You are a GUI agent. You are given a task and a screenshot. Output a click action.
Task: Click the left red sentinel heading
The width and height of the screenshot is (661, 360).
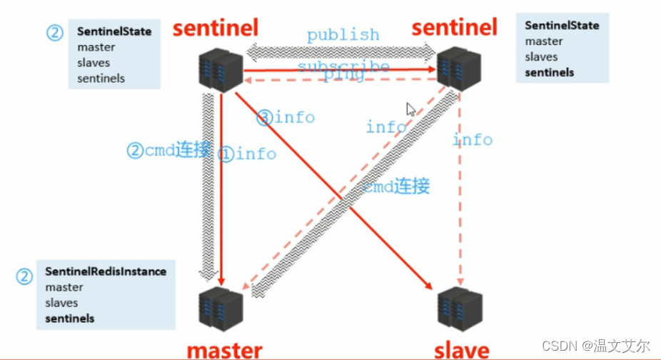[215, 28]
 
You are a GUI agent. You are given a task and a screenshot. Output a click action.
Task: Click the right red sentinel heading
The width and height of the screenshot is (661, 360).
[455, 27]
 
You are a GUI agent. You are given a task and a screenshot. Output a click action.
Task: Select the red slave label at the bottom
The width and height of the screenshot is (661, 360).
[462, 350]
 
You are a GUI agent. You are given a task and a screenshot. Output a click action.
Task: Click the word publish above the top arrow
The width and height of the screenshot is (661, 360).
[343, 34]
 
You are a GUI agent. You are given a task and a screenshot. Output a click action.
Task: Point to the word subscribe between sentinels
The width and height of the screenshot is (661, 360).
[343, 66]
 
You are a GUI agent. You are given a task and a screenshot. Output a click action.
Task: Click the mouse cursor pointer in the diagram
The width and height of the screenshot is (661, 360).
[411, 109]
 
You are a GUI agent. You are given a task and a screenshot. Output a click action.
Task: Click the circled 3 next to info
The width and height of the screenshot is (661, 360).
[265, 117]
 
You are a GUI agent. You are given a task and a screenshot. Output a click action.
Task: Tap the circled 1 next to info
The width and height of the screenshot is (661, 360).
[226, 154]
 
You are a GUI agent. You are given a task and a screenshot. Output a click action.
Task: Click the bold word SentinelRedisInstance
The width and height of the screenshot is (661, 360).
[106, 271]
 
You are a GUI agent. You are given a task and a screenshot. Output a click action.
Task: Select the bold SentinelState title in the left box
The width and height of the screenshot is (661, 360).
[114, 32]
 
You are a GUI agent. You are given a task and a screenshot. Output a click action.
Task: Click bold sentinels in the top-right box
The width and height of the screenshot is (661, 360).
[550, 72]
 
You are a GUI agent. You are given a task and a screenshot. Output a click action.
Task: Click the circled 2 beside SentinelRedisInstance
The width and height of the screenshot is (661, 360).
[26, 276]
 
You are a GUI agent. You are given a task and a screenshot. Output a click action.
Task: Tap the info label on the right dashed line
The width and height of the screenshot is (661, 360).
[473, 139]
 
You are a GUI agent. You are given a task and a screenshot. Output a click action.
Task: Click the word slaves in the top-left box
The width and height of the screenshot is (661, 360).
[94, 63]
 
